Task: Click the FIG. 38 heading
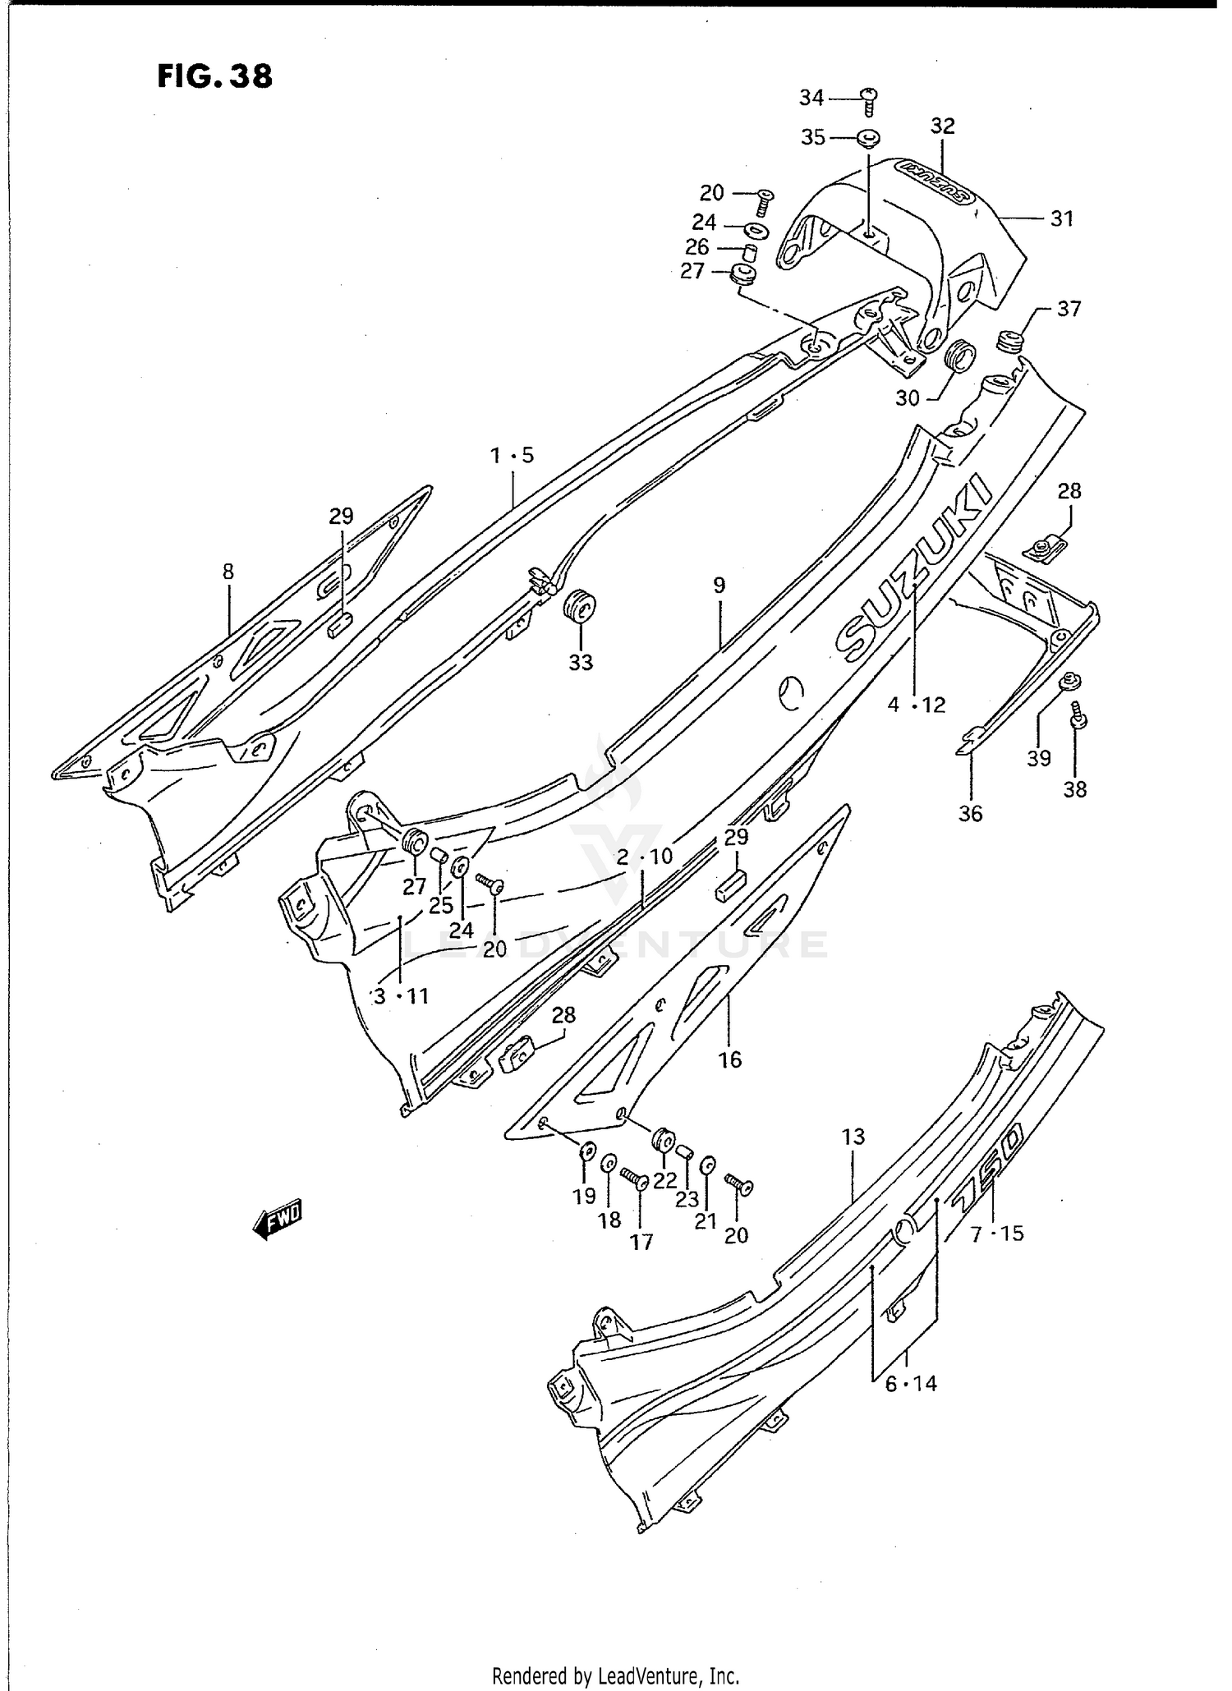tap(215, 76)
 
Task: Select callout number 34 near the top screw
tap(811, 98)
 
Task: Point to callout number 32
tap(943, 126)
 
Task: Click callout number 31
tap(1062, 218)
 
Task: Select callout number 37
tap(1069, 309)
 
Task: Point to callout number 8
tap(228, 571)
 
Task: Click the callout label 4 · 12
tap(916, 705)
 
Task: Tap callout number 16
tap(730, 1059)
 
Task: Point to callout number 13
tap(853, 1137)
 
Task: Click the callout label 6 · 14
tap(911, 1384)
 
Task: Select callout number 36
tap(970, 813)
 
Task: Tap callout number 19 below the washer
tap(584, 1196)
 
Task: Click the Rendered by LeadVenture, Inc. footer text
tap(616, 1675)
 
